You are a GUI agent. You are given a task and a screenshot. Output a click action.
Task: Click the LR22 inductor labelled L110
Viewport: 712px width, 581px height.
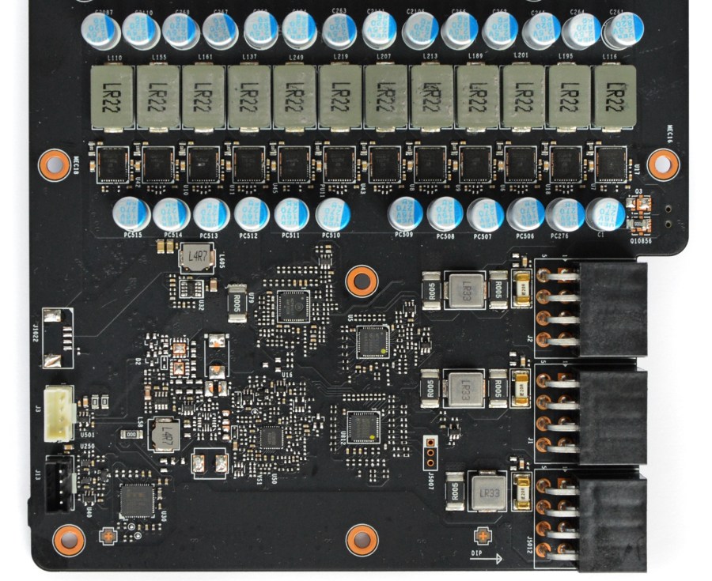[x=113, y=97]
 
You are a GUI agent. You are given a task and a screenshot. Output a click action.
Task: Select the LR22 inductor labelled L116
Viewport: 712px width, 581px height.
[x=614, y=96]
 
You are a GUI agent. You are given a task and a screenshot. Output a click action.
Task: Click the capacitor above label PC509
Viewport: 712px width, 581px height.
[x=405, y=213]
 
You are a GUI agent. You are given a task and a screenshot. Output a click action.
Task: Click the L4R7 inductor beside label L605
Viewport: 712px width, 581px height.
[x=196, y=258]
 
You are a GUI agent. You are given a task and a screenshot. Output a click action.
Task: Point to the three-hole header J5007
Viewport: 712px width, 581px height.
[x=431, y=452]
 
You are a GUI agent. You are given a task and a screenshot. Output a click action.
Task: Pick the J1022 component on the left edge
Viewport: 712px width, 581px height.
[x=57, y=340]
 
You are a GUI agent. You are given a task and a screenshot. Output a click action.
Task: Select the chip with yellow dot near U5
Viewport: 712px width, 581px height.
[x=371, y=341]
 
